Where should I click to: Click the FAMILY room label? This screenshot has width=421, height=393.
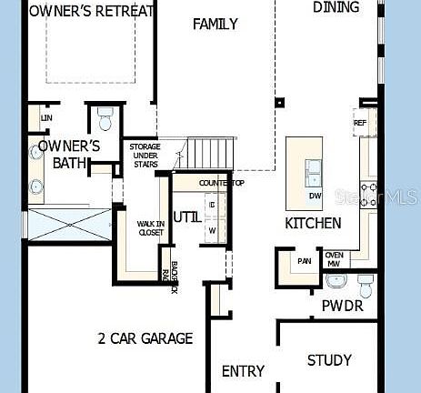[x=216, y=25]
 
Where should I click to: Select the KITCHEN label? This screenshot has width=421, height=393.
[x=314, y=223]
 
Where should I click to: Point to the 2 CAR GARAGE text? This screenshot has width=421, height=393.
[x=145, y=338]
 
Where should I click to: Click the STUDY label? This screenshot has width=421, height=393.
[x=329, y=360]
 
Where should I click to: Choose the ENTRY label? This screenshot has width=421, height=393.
[x=244, y=371]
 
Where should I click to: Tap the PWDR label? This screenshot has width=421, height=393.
[x=343, y=306]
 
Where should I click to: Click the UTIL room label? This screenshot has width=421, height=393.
[x=187, y=217]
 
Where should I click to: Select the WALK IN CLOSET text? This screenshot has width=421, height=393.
[x=150, y=227]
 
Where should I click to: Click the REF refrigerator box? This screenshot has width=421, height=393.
[x=359, y=122]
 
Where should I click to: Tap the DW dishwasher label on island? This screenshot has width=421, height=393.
[x=315, y=196]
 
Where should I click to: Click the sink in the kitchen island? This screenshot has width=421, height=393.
[x=314, y=168]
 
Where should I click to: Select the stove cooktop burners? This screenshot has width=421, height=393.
[x=370, y=193]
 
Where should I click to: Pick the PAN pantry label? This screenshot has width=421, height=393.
[x=304, y=262]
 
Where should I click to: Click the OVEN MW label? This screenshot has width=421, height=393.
[x=334, y=259]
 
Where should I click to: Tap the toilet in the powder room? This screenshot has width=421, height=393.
[x=366, y=286]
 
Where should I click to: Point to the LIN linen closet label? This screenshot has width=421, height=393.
[x=45, y=118]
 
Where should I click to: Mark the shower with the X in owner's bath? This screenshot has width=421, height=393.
[x=69, y=224]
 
